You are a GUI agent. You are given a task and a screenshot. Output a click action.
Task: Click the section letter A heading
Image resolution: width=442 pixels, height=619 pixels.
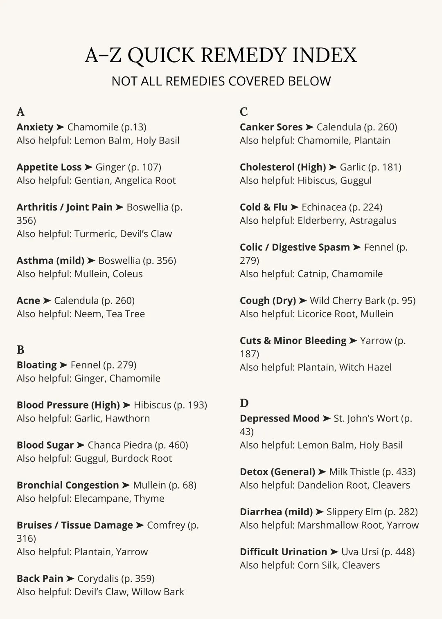pyautogui.click(x=20, y=112)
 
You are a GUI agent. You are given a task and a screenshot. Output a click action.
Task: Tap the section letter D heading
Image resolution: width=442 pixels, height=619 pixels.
pyautogui.click(x=244, y=403)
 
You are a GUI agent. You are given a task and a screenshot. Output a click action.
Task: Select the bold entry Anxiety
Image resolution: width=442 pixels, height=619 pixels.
pyautogui.click(x=35, y=127)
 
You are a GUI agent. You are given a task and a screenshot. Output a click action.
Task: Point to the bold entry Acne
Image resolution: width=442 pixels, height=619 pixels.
pyautogui.click(x=28, y=301)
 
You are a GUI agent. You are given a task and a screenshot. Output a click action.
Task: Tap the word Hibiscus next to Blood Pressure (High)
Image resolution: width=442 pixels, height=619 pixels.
pyautogui.click(x=152, y=405)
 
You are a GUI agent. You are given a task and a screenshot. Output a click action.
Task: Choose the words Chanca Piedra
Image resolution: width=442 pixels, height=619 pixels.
pyautogui.click(x=120, y=445)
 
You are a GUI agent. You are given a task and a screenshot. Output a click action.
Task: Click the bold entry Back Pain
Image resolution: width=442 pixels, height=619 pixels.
pyautogui.click(x=40, y=579)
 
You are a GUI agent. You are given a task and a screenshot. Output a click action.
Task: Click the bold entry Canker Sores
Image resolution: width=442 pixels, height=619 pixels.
pyautogui.click(x=271, y=127)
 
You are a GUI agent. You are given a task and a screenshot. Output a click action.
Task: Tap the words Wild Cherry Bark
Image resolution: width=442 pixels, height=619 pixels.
pyautogui.click(x=347, y=301)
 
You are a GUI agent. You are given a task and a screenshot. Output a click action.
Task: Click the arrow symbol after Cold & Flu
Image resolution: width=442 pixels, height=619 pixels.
pyautogui.click(x=294, y=207)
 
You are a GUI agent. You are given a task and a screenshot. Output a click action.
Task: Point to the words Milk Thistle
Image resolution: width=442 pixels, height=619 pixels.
pyautogui.click(x=354, y=472)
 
